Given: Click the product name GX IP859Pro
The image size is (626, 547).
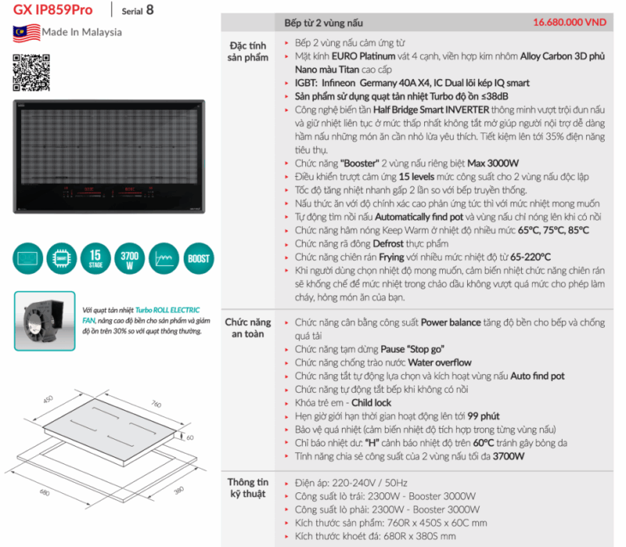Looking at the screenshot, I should click(53, 10).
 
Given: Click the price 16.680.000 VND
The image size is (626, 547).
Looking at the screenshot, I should click(570, 23).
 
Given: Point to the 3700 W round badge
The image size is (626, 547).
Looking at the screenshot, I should click(126, 258).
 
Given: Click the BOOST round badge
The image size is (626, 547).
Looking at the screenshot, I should click(198, 258).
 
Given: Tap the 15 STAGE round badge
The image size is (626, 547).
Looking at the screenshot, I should click(95, 258).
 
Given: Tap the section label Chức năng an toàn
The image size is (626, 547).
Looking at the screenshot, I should click(248, 328).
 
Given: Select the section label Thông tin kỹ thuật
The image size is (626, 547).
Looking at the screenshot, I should click(248, 488).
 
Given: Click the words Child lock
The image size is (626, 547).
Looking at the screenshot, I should click(372, 402).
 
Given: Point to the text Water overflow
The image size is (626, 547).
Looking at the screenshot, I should click(440, 362).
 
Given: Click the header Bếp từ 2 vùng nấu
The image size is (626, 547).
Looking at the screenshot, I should click(324, 23).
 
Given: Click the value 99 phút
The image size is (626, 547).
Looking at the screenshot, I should click(482, 416).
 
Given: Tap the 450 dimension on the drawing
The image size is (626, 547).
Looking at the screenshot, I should click(47, 399).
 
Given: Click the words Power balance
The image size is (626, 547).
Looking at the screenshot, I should click(452, 322).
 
